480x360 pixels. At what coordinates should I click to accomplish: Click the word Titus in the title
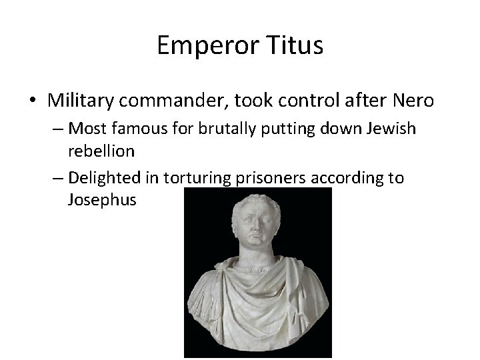click(295, 46)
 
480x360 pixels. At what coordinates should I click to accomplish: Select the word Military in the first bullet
click(80, 101)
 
